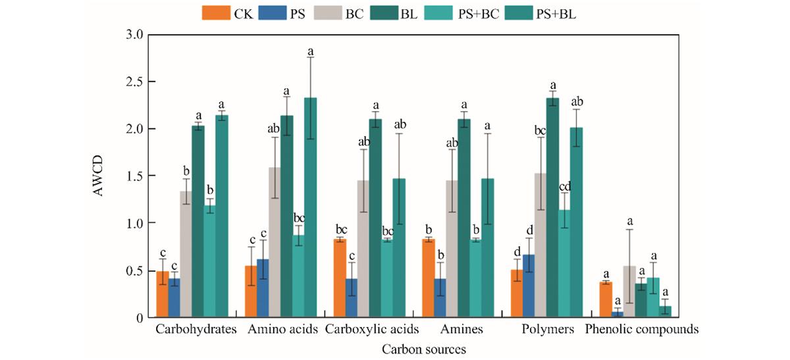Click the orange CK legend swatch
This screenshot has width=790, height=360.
(216, 13)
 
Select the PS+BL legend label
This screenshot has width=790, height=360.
(556, 14)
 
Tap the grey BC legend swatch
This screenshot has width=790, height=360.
(328, 13)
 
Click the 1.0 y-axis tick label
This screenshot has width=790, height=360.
(135, 223)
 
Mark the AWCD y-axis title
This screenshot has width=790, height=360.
(97, 176)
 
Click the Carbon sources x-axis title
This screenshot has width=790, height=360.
(424, 349)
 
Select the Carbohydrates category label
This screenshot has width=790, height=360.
(196, 329)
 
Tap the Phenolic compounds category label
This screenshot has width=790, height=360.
(642, 329)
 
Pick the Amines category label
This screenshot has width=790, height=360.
(461, 329)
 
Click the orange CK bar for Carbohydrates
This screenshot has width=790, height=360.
(163, 294)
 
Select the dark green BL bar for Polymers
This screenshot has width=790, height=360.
(552, 208)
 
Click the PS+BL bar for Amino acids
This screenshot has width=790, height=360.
(310, 208)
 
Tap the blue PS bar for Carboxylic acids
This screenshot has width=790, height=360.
(352, 298)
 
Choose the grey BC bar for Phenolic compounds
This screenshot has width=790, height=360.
(629, 292)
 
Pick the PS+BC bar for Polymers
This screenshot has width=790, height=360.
(564, 264)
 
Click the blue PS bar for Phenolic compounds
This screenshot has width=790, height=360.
(618, 315)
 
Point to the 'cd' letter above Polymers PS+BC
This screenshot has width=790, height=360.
(565, 186)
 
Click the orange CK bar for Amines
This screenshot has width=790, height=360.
(428, 278)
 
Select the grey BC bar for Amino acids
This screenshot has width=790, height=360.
(275, 243)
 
